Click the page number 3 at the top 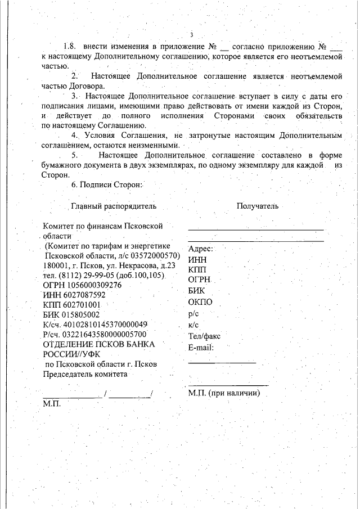point(191,34)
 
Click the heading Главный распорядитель point(113,206)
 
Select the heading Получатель point(258,206)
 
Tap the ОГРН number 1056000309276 point(94,285)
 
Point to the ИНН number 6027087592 point(83,295)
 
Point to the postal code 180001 point(56,265)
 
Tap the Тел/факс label point(204,336)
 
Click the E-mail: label point(201,347)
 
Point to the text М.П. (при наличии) point(223,393)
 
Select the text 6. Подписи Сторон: point(107,184)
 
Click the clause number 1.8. point(70,46)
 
